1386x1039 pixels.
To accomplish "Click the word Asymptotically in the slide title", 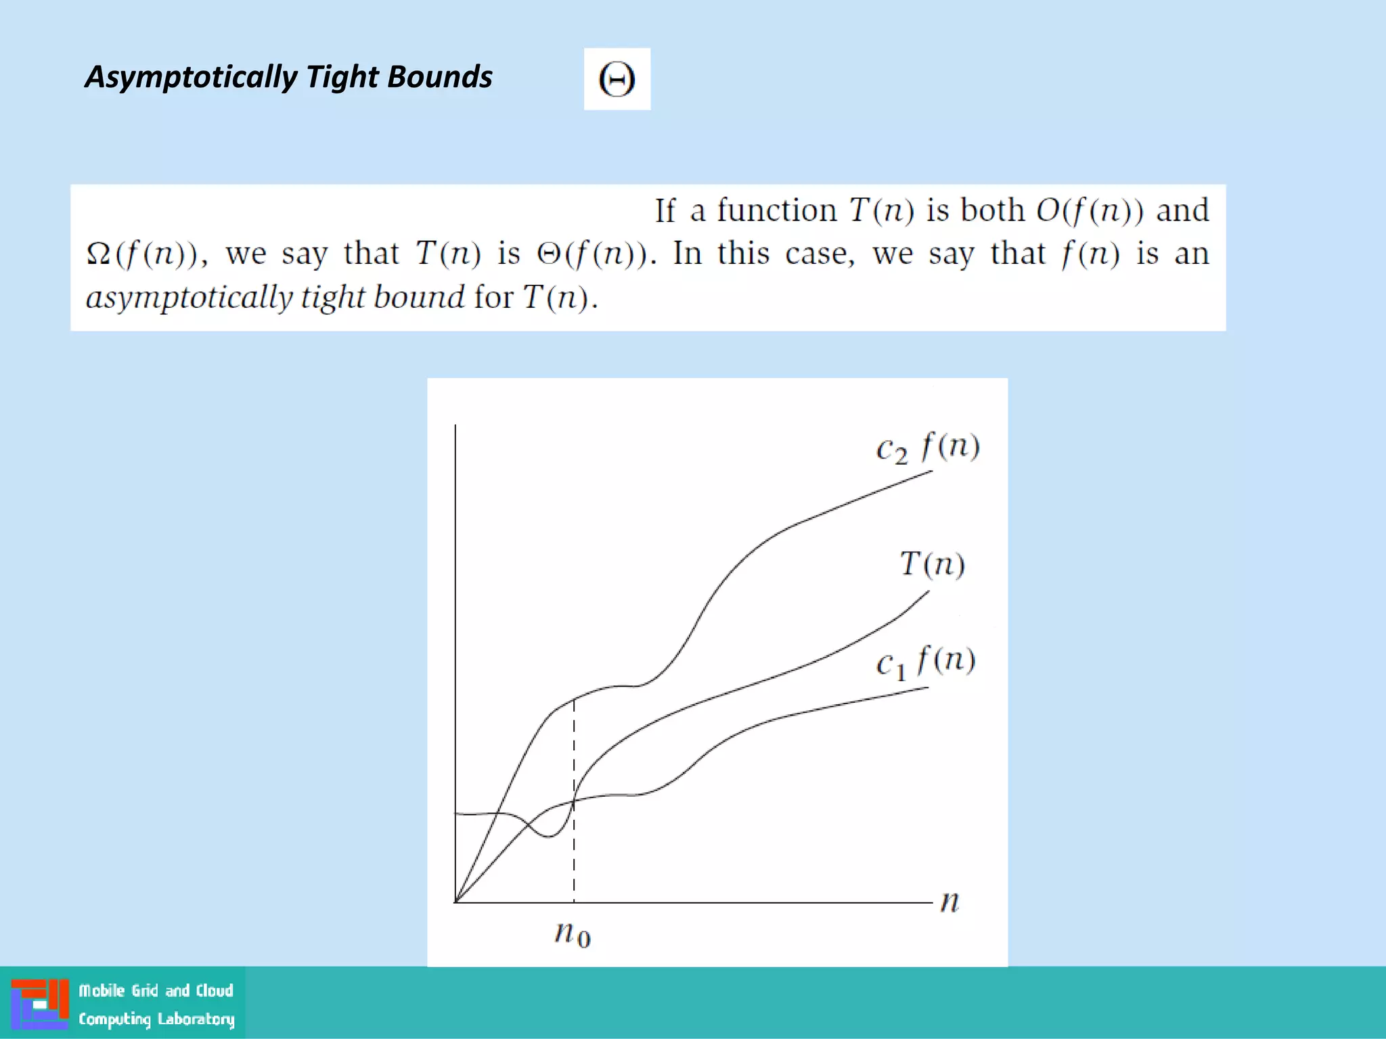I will [x=190, y=77].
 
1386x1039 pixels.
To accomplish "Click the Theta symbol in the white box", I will [x=617, y=79].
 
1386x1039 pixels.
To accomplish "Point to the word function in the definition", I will [x=777, y=210].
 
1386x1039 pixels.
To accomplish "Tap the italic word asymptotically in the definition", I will [x=189, y=298].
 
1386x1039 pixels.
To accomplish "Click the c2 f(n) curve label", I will [x=927, y=448].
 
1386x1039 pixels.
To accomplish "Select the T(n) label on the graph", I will [x=932, y=564].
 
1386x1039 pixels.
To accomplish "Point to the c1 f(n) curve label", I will [x=925, y=662].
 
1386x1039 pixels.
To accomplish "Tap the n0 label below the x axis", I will [x=573, y=934].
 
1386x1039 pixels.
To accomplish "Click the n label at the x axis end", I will [x=950, y=902].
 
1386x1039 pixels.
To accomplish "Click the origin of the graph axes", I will [x=455, y=902].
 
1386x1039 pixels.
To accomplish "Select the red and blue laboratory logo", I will [x=40, y=1004].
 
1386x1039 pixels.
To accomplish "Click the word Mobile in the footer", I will [x=102, y=991].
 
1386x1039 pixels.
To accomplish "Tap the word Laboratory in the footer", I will [x=196, y=1019].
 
